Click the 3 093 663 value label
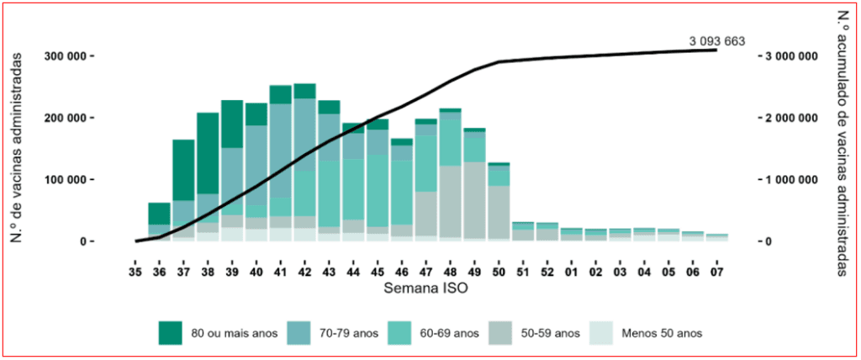coord(716,41)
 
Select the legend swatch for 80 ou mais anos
coord(170,333)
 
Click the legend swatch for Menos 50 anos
coord(605,333)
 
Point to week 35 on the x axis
coord(135,272)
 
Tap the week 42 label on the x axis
coord(304,272)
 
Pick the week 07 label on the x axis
coord(716,272)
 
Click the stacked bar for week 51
coord(523,232)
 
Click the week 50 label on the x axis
coord(499,272)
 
